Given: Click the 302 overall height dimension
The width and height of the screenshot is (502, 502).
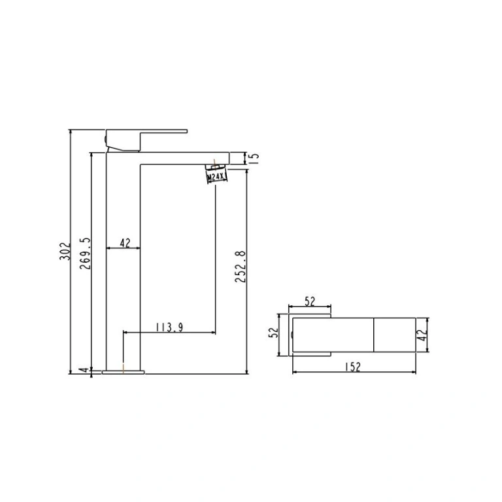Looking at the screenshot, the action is (64, 251).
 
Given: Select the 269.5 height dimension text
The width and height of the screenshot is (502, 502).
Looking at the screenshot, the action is (86, 253).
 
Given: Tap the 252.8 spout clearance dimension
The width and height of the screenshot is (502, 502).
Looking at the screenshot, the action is (241, 267).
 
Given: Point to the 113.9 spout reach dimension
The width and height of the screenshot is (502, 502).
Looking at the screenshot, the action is (169, 327).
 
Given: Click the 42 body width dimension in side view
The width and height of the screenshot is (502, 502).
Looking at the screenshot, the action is (125, 243).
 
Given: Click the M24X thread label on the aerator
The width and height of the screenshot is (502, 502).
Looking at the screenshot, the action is (217, 176).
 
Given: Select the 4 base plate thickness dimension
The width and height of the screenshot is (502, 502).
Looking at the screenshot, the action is (84, 370).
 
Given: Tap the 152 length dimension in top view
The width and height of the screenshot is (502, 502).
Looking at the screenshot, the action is (353, 367).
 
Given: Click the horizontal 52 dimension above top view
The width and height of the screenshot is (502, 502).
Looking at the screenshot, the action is (310, 301).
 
